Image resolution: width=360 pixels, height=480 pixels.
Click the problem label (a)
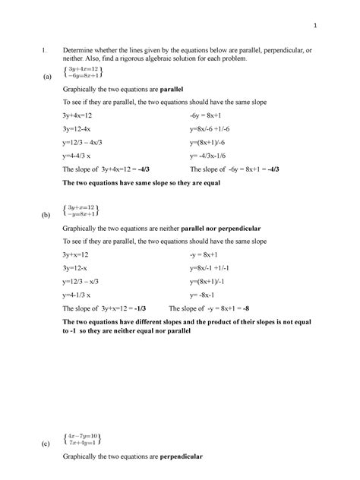[49, 77]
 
